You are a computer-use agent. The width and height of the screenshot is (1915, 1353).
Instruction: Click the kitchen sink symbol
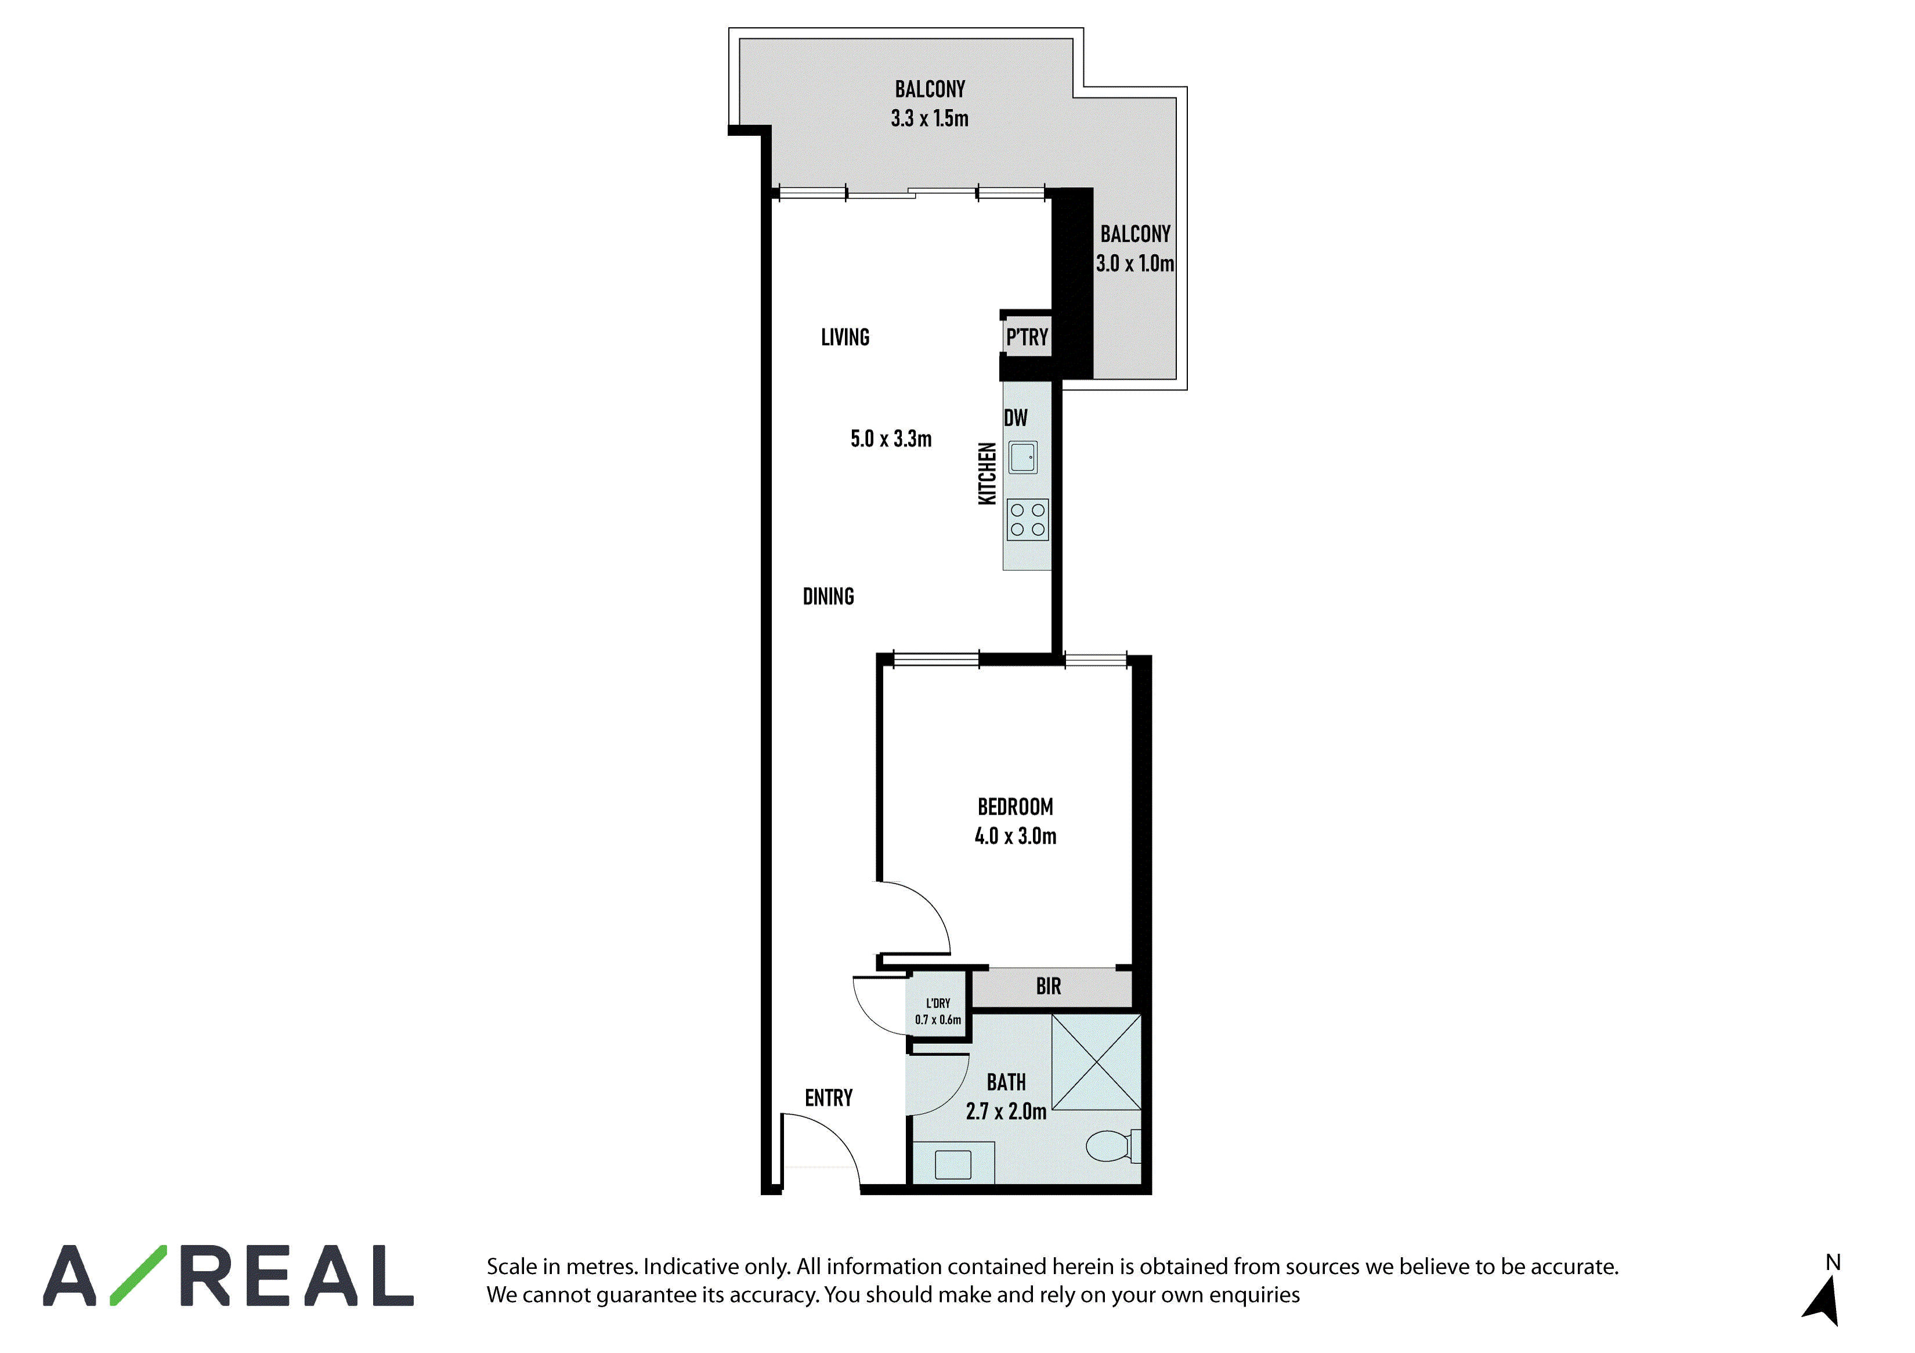tap(1024, 457)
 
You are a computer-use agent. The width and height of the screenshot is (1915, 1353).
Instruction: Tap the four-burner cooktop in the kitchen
tap(1028, 519)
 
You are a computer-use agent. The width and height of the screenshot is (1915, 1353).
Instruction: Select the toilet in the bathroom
tap(1112, 1146)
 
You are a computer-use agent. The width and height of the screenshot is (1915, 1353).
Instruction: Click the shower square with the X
tap(1096, 1062)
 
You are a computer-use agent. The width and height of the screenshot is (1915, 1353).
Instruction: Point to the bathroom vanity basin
tap(953, 1164)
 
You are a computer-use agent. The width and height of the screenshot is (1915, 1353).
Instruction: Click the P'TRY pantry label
tap(1027, 338)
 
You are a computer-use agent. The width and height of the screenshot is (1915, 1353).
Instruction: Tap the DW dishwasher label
tap(1016, 418)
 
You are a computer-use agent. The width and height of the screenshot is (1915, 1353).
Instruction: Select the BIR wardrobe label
tap(1049, 986)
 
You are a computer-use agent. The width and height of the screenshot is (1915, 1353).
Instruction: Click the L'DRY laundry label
tap(938, 1004)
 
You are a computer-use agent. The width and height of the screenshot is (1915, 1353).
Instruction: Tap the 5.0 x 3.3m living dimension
tap(891, 439)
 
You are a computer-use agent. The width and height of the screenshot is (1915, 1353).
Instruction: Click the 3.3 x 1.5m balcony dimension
tap(930, 118)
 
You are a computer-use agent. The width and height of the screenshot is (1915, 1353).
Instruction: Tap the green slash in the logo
tap(139, 1275)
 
